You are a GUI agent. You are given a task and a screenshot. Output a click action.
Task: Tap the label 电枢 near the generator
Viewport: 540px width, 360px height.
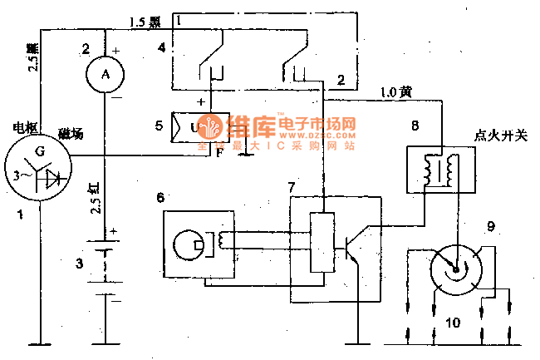pyautogui.click(x=25, y=127)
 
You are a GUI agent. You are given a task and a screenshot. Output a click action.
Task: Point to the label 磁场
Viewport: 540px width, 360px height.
pyautogui.click(x=70, y=135)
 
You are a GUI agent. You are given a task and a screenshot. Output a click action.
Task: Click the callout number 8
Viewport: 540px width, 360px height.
pyautogui.click(x=415, y=125)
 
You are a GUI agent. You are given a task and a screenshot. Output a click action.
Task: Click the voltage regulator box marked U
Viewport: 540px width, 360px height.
pyautogui.click(x=192, y=128)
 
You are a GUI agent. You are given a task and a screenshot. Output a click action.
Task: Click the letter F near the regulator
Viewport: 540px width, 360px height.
pyautogui.click(x=218, y=153)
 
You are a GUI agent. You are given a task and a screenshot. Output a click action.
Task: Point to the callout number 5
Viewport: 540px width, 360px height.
pyautogui.click(x=159, y=127)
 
